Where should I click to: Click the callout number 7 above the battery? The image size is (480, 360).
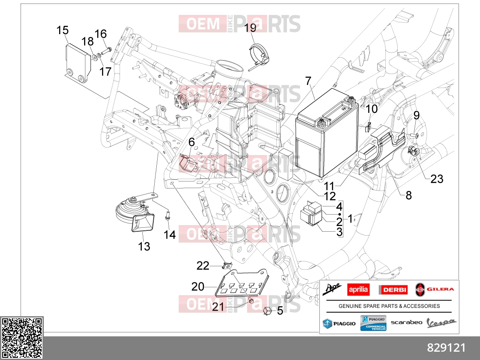308,81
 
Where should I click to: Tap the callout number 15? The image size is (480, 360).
63,30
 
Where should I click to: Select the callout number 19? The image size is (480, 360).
250,28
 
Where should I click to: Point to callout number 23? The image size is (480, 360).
437,179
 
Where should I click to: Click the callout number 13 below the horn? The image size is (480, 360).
144,247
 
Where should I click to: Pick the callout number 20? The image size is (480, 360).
198,286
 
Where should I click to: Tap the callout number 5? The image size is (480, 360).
280,311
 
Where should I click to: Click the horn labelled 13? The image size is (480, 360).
135,214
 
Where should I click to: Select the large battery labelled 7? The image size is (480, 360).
327,134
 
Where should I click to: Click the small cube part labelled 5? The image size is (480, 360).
267,311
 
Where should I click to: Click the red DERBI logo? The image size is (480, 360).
393,289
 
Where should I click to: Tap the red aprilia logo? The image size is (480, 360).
358,289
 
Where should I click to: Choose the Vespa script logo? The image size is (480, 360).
441,323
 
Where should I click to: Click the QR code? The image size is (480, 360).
22,338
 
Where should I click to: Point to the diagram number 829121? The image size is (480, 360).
446,348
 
